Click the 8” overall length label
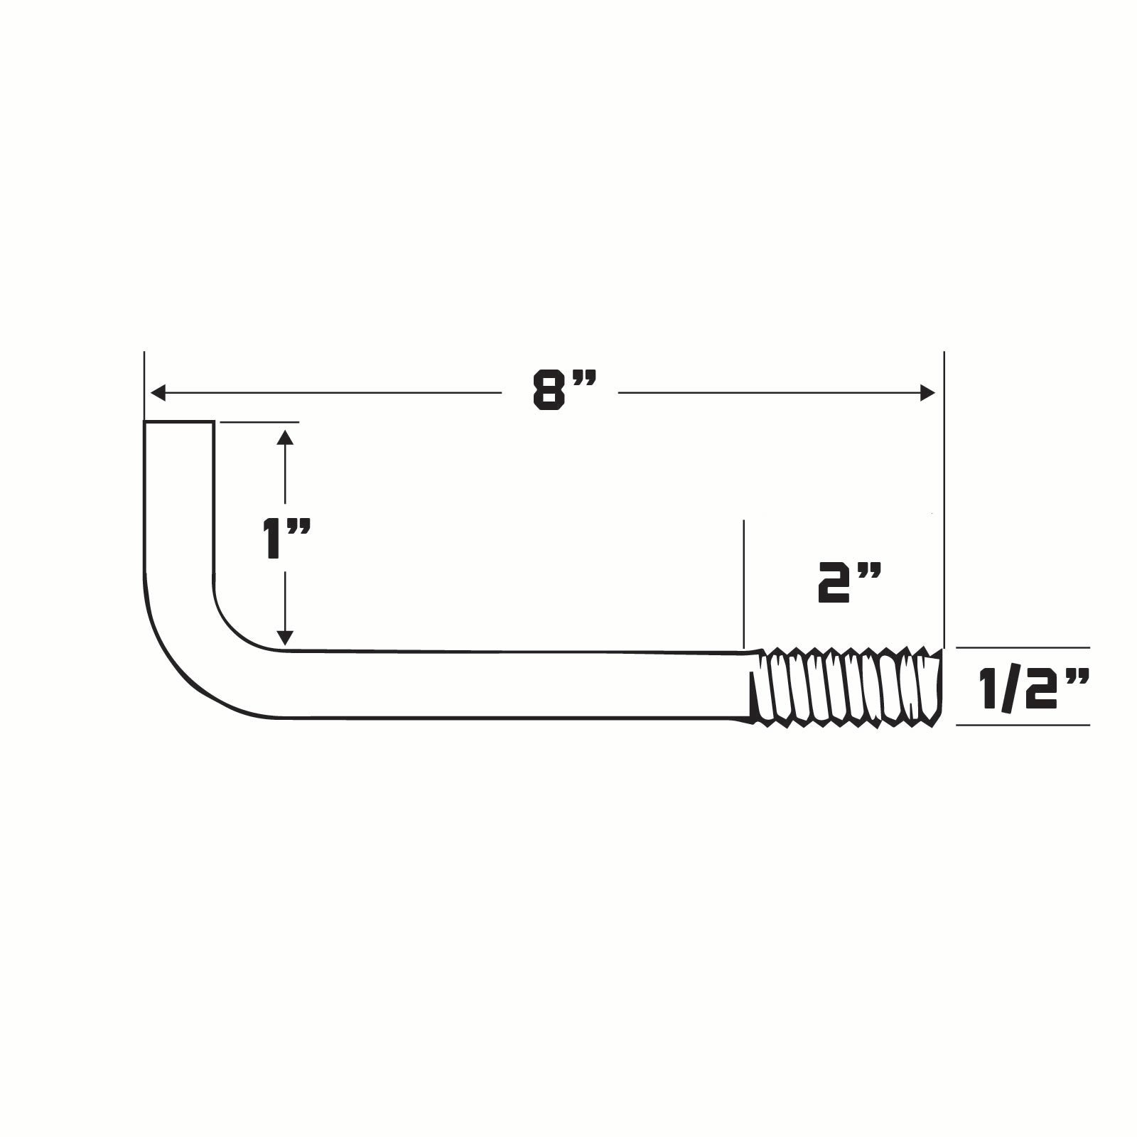(x=563, y=392)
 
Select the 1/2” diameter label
(x=1033, y=688)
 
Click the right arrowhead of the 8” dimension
(x=927, y=392)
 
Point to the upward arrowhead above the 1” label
(x=285, y=437)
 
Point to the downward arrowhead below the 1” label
(x=285, y=637)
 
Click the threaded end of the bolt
(x=846, y=686)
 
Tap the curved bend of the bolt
(x=192, y=654)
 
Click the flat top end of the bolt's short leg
(x=179, y=423)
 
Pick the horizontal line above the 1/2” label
(x=1023, y=648)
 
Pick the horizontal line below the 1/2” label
(x=1023, y=725)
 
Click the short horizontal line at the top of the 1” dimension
(x=259, y=422)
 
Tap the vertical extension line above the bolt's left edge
(x=144, y=384)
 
